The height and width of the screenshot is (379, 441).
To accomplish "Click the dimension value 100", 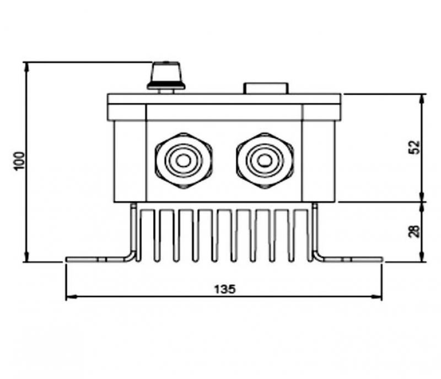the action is tap(19, 161).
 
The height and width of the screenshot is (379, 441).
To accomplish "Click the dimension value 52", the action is tap(414, 147).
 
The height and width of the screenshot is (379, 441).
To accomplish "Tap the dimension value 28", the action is tap(414, 231).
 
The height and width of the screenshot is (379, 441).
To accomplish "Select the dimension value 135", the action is tap(224, 289).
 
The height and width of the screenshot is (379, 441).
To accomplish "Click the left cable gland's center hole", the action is tap(184, 161).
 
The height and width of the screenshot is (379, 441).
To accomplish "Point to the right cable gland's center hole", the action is tap(264, 161).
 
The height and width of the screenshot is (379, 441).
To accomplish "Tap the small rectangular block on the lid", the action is tap(266, 88).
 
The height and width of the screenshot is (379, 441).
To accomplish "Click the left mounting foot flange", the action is tap(95, 259).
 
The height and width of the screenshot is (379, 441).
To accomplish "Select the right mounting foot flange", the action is tap(352, 259).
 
